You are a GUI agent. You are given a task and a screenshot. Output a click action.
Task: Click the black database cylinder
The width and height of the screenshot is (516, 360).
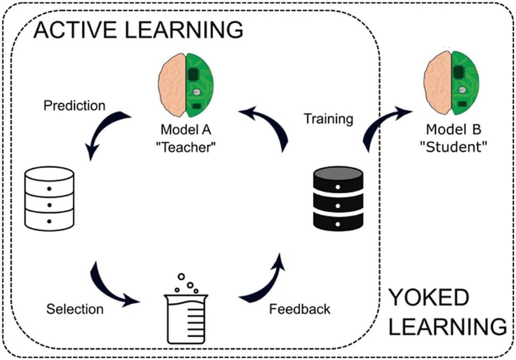tap(338, 199)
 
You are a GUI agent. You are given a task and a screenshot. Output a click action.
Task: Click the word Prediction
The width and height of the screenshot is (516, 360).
tap(74, 106)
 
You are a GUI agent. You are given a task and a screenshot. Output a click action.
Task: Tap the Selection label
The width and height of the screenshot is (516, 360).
tap(75, 309)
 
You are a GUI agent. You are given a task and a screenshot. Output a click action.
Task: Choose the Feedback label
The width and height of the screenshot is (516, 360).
tap(300, 309)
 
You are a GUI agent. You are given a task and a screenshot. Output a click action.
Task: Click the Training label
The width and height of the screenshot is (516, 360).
tap(328, 119)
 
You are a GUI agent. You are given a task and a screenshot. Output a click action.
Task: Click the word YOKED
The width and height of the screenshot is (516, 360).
tap(428, 298)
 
